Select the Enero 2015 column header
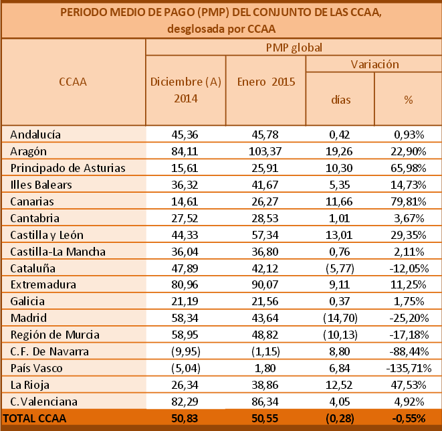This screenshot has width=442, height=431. click(266, 82)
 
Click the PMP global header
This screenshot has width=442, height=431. click(293, 48)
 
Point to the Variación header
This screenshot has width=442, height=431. click(374, 64)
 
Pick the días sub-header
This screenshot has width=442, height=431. click(340, 99)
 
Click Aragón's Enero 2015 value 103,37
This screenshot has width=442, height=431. click(266, 151)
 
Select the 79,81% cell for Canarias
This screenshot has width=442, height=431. click(408, 201)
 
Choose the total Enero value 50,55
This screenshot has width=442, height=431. click(266, 419)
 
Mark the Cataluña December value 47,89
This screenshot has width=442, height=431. click(185, 268)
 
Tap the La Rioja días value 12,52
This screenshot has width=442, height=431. click(340, 385)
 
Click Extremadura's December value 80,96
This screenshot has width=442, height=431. click(185, 285)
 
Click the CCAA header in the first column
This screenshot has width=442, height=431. click(73, 82)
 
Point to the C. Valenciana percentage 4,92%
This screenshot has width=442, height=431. click(408, 402)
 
